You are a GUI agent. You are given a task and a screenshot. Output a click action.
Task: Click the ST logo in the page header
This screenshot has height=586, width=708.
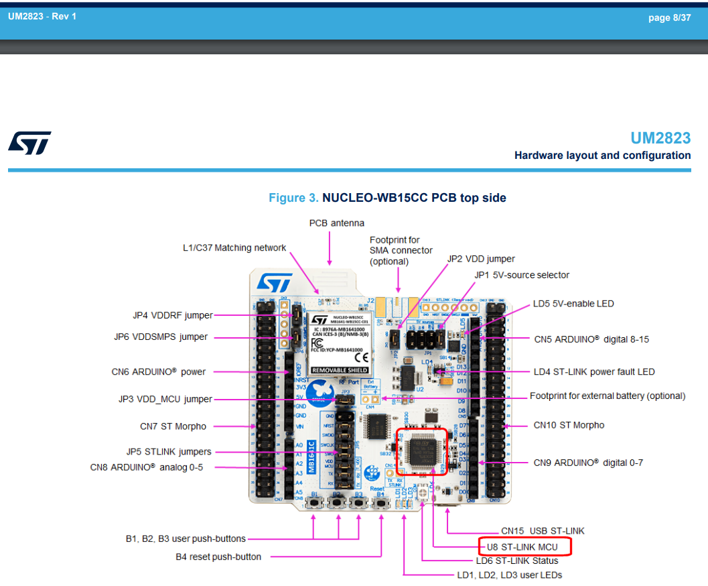29,142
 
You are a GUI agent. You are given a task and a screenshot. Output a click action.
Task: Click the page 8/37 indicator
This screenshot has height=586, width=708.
668,17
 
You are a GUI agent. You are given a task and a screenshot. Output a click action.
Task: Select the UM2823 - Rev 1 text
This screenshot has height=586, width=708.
42,16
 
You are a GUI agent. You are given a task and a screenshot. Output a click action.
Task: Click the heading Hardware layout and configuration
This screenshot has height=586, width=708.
602,156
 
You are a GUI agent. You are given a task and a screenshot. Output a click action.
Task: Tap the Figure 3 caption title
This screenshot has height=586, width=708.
387,198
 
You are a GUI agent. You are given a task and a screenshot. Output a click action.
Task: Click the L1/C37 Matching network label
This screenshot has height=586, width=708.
234,248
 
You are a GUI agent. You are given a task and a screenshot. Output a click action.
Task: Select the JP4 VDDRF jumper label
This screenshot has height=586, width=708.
173,315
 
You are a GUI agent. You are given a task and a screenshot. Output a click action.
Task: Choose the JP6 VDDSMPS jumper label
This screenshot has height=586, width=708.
161,337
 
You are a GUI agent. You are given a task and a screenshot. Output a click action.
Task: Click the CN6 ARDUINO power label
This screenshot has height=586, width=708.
159,371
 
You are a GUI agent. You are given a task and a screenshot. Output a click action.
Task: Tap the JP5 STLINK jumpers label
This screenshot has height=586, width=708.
169,451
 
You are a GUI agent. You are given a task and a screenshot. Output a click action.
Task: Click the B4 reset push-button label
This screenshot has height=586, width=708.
218,556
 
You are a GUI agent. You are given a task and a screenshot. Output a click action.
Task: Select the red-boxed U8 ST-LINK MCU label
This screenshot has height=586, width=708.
526,547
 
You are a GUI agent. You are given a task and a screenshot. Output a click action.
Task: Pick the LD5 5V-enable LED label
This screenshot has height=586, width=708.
573,304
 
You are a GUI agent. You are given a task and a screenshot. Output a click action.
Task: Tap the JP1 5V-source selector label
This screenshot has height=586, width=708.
522,275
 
